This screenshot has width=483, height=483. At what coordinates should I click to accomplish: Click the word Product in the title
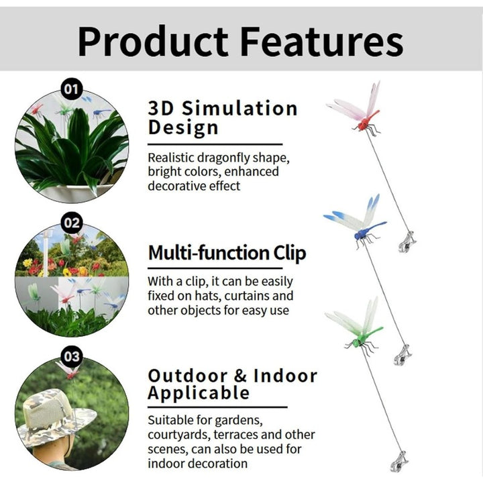[x=153, y=42]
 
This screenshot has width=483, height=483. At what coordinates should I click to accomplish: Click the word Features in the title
[x=321, y=42]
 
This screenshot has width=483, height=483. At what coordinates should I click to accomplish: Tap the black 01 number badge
[x=72, y=89]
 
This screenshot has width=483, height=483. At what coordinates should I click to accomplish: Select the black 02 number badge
[x=72, y=223]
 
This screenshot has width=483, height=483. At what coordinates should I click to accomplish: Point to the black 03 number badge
[x=72, y=356]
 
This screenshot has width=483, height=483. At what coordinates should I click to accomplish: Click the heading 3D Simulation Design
[x=223, y=117]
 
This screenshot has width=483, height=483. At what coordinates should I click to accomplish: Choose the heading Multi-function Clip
[x=227, y=253]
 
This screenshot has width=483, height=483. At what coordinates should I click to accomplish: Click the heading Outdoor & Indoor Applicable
[x=233, y=384]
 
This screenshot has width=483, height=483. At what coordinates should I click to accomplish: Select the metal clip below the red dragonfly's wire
[x=407, y=242]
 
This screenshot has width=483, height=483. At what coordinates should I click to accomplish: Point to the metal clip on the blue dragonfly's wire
[x=402, y=355]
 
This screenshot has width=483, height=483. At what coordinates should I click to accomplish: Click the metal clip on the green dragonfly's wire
[x=400, y=462]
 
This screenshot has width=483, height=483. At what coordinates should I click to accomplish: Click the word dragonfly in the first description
[x=223, y=158]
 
